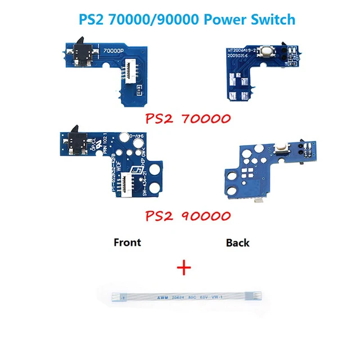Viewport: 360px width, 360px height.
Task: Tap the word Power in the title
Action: [x=217, y=19]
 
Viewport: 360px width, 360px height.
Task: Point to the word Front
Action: [x=127, y=242]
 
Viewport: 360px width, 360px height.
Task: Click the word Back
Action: [x=237, y=243]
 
